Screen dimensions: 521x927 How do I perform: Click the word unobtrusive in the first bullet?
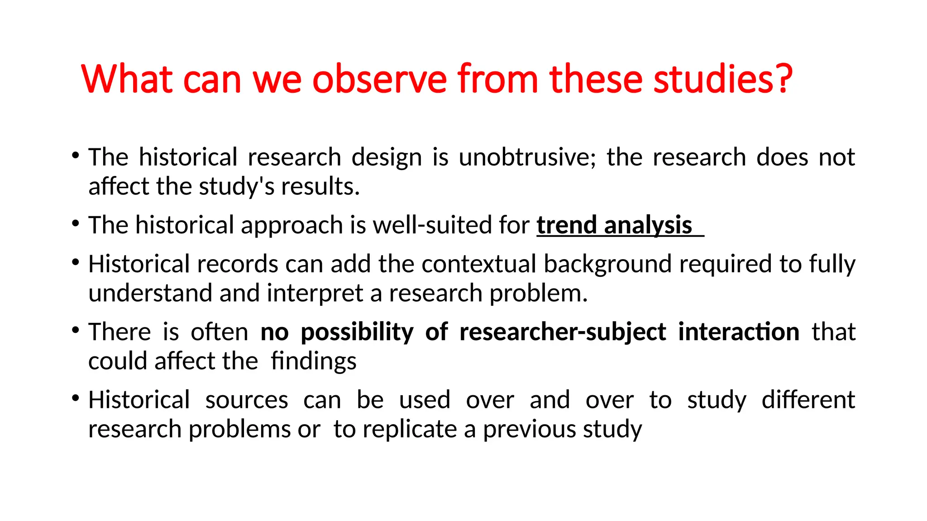pos(526,157)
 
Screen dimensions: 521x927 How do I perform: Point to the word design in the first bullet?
pos(387,158)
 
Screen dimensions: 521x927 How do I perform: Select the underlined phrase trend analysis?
pos(615,225)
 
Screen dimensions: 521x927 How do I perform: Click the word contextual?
pos(478,264)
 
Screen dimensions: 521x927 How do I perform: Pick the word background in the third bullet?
pos(607,264)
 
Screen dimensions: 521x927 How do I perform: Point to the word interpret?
pos(315,294)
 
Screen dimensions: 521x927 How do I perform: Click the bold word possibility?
pos(357,332)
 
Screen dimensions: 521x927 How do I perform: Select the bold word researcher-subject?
pos(563,332)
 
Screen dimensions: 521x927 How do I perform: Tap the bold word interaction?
pos(739,332)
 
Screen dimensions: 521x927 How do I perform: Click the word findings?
pos(314,362)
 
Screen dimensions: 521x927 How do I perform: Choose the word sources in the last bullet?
pos(247,400)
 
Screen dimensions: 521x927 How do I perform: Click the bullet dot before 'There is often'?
pos(75,330)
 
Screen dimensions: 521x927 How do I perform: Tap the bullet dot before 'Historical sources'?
pos(75,398)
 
